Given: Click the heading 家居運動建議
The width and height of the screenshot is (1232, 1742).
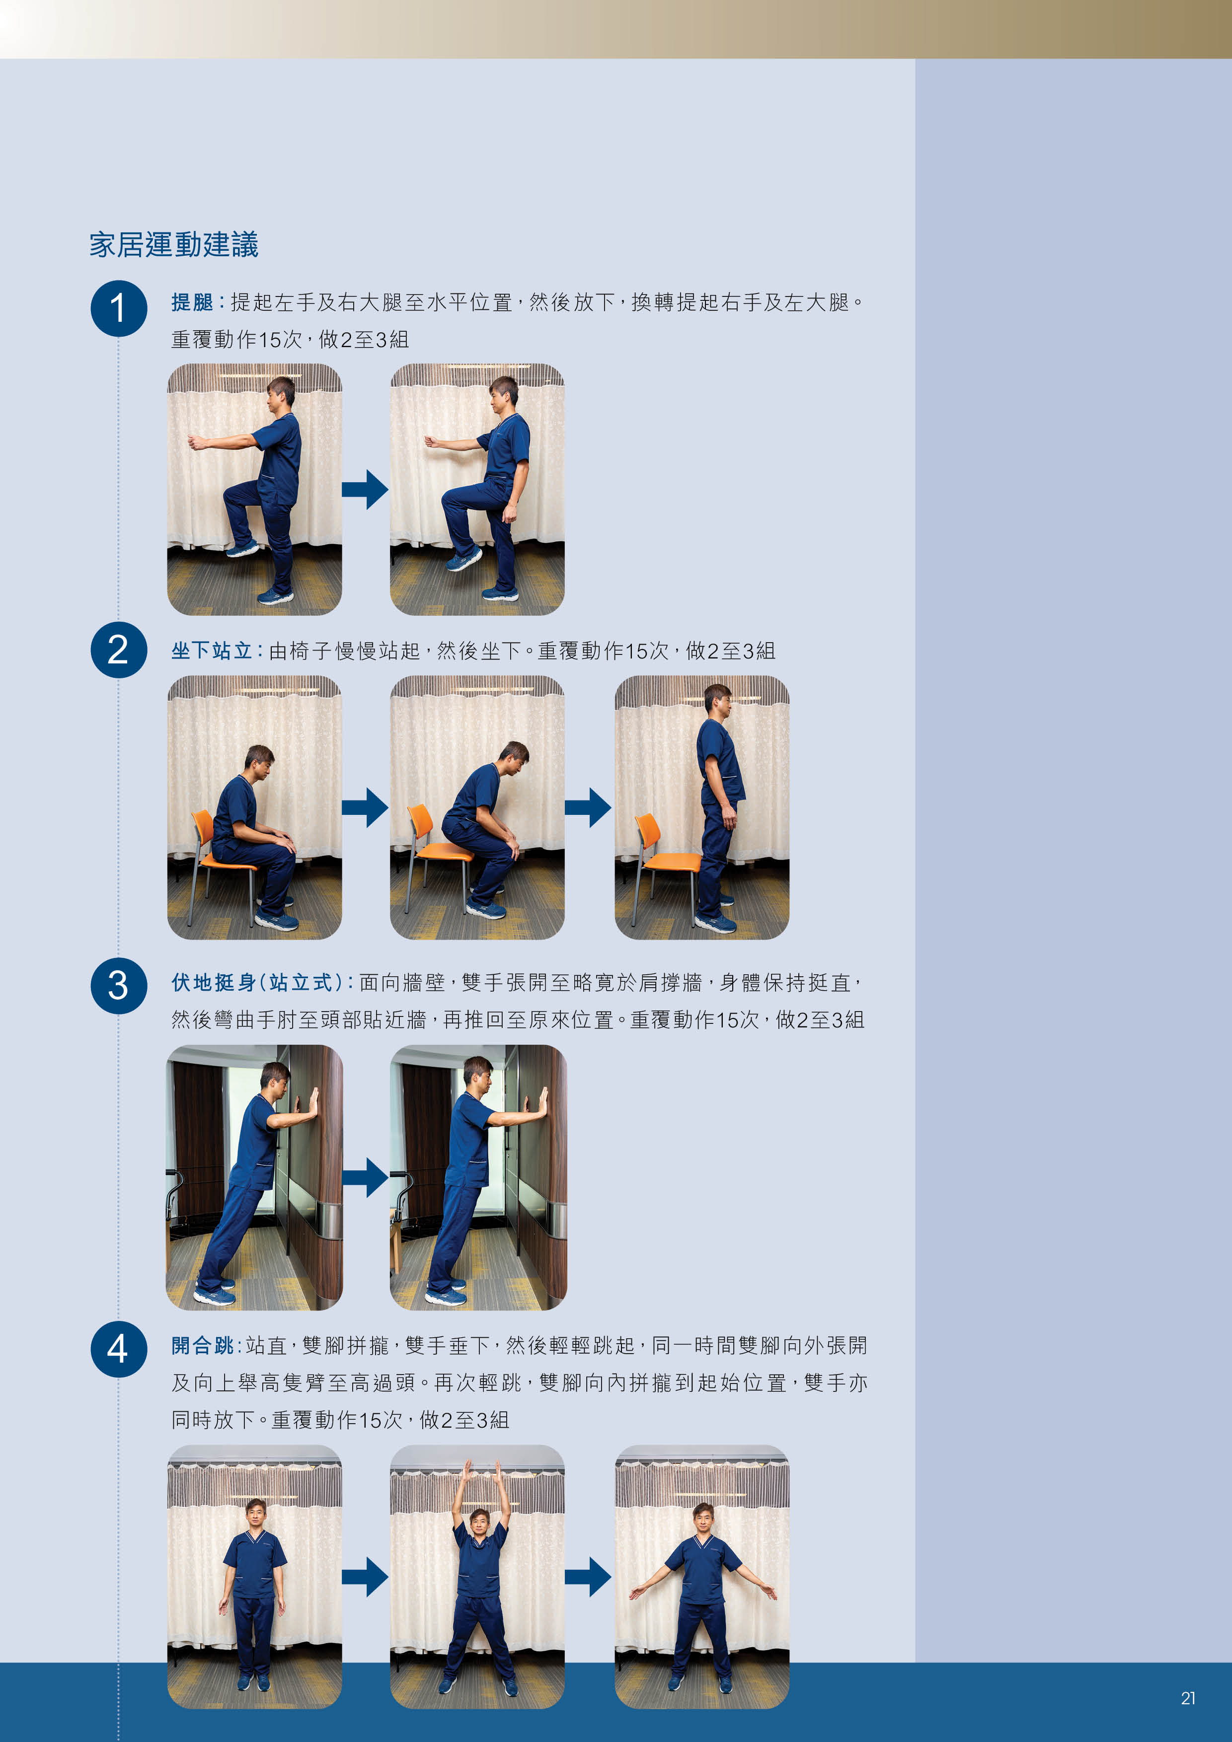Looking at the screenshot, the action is pos(174,244).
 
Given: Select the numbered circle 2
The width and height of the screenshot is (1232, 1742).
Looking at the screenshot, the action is pos(118,650).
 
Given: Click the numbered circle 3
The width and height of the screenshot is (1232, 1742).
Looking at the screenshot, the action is pos(118,986).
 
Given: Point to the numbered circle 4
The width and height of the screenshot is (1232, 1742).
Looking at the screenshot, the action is pos(118,1349).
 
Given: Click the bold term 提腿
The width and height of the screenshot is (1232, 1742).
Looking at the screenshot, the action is pos(192,302).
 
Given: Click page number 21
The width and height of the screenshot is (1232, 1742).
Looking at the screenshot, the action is pos(1188,1698).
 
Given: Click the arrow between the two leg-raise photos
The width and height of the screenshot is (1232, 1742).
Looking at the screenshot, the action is pos(365,489).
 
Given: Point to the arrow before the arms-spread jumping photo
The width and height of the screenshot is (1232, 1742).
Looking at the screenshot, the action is pos(588,1577).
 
